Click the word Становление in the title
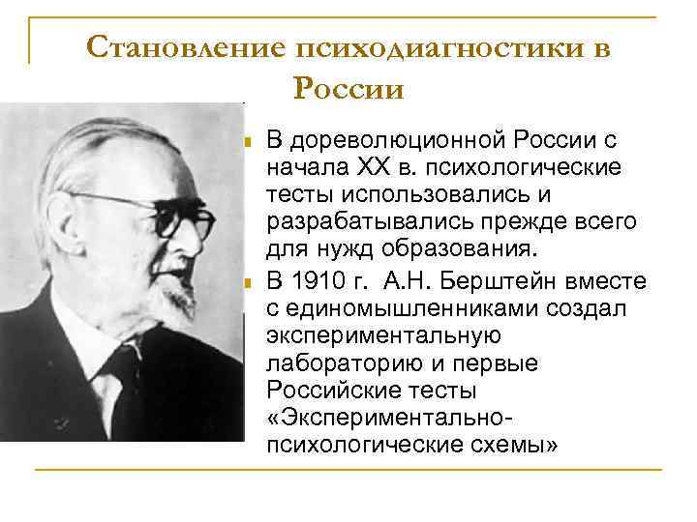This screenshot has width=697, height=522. (x=183, y=47)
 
